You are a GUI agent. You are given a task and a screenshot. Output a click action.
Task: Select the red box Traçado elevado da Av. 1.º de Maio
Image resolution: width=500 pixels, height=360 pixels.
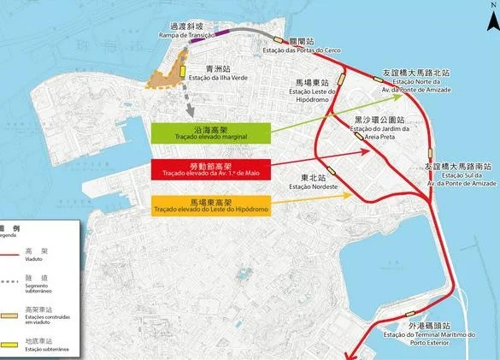tap(211, 168)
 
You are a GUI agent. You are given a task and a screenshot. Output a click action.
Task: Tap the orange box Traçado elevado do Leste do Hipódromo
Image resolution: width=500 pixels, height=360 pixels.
tap(210, 205)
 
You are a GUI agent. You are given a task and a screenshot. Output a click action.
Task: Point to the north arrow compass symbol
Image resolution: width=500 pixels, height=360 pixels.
tap(491, 8)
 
